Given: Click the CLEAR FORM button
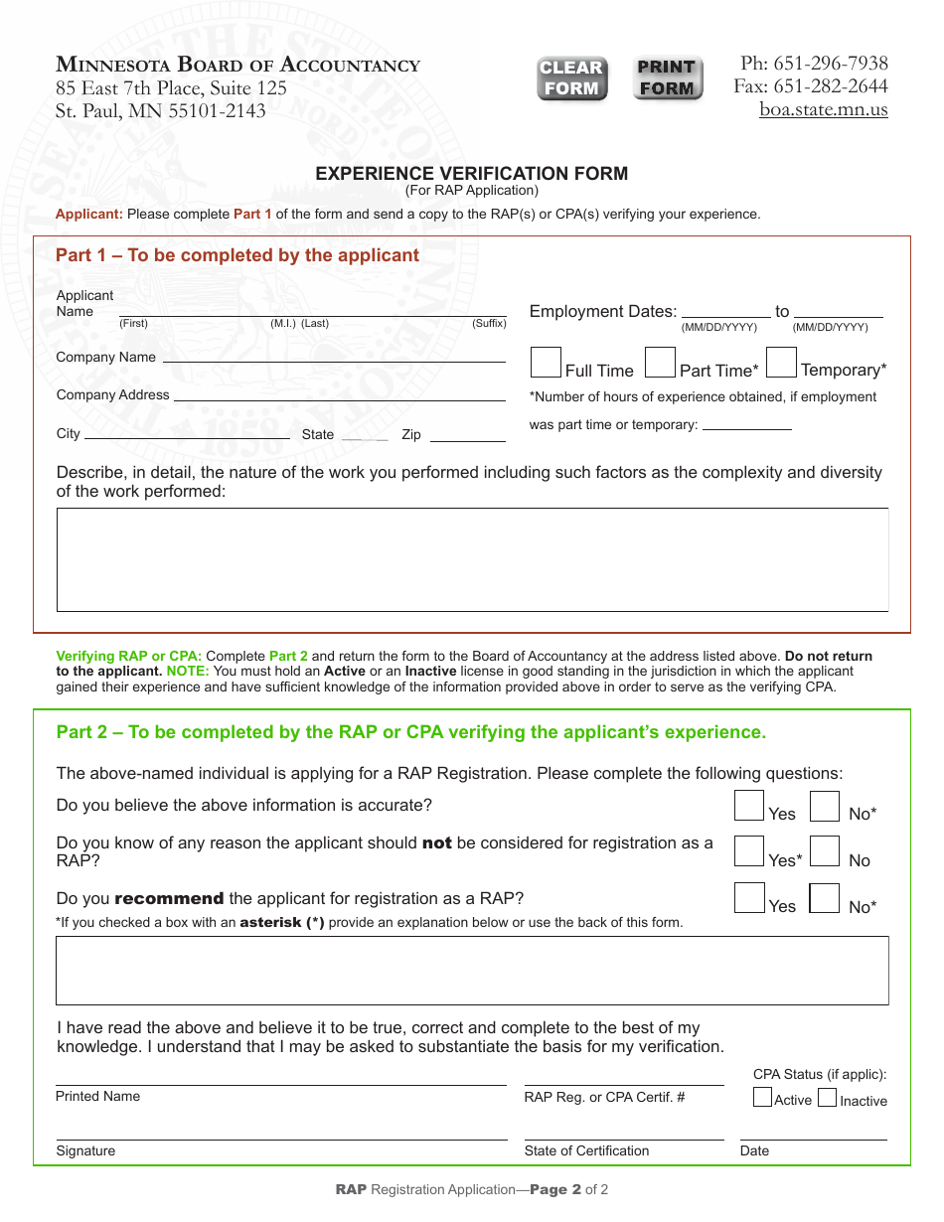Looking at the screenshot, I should click(x=571, y=78).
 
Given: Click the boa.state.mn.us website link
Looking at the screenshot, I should click(x=824, y=109).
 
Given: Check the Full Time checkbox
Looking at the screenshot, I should click(x=546, y=363).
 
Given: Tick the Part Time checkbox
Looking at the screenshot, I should click(x=660, y=363).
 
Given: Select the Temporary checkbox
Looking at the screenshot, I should click(x=782, y=363).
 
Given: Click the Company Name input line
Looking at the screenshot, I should click(x=334, y=357).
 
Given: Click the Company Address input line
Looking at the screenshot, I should click(x=340, y=394).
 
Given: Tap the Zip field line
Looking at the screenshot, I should click(x=467, y=435).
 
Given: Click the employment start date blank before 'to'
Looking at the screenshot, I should click(x=725, y=311).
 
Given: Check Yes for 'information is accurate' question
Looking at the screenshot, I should click(x=749, y=806).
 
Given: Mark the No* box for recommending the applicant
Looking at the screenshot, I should click(x=824, y=898).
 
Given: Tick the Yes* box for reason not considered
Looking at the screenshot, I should click(x=749, y=851).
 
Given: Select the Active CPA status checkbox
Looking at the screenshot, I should click(x=762, y=1098).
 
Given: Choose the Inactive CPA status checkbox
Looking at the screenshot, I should click(x=827, y=1098).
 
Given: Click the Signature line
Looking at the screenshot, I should click(x=281, y=1138).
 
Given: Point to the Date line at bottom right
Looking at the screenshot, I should click(x=813, y=1138).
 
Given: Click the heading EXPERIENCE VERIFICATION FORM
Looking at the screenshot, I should click(x=471, y=174).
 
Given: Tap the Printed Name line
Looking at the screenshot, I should click(x=281, y=1083).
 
